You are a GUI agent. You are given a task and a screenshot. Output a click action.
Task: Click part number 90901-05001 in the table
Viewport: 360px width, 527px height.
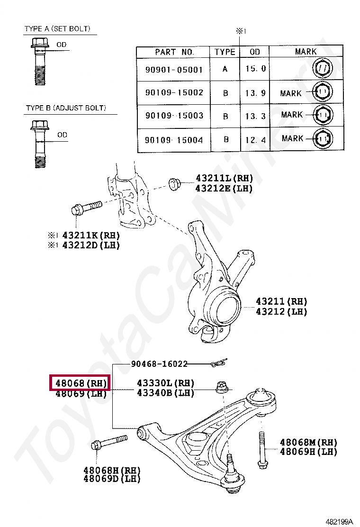point(173,70)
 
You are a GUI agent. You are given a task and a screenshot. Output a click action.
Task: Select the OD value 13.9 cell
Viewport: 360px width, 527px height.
point(255,93)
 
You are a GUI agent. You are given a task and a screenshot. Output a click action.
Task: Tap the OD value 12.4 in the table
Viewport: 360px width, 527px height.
point(255,139)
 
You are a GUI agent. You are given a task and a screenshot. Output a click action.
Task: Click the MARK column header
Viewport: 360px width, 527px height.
point(306,52)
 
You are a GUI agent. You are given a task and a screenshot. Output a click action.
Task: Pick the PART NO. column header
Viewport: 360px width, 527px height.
point(173,52)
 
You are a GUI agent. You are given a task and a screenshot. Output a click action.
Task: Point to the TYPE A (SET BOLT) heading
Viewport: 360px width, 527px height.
point(57,29)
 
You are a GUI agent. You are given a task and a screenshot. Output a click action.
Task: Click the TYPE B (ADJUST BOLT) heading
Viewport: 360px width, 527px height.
point(66,109)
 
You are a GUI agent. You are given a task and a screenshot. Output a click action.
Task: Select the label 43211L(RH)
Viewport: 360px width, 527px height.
point(224,178)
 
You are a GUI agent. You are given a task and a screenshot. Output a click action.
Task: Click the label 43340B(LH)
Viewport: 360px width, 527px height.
point(165,393)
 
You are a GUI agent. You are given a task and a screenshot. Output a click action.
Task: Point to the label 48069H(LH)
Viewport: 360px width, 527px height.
point(308,452)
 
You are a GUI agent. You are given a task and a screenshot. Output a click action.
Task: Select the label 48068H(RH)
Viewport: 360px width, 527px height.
point(112,470)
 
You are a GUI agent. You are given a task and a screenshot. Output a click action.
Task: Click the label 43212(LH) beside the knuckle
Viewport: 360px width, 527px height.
point(281,311)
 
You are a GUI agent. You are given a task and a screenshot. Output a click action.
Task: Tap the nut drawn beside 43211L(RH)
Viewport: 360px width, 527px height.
point(174,183)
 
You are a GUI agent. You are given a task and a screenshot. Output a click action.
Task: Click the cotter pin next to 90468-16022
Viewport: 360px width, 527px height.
point(219,363)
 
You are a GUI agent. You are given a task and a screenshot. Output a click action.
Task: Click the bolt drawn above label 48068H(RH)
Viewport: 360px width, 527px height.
point(109,442)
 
